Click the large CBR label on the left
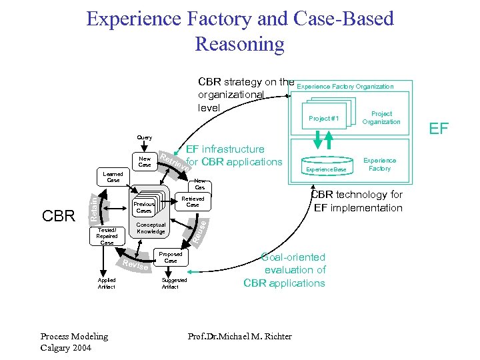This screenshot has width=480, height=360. [x=59, y=216]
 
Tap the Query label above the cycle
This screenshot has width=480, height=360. [x=144, y=138]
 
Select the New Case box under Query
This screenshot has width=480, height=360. [x=145, y=161]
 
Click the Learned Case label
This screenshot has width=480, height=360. [x=113, y=177]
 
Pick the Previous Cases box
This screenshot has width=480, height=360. [x=144, y=207]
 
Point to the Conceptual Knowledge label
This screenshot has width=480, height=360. [x=151, y=228]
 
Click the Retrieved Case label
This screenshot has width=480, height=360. [x=192, y=202]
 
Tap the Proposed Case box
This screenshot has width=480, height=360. [x=171, y=257]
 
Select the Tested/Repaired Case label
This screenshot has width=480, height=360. [x=107, y=236]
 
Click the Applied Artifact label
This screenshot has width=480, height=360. [x=107, y=283]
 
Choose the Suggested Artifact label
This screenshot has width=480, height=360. [x=174, y=283]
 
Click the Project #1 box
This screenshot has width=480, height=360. [x=324, y=118]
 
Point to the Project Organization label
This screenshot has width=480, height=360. [x=381, y=118]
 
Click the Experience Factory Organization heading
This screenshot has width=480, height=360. [x=345, y=87]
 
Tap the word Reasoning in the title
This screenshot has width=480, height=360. [x=239, y=45]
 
